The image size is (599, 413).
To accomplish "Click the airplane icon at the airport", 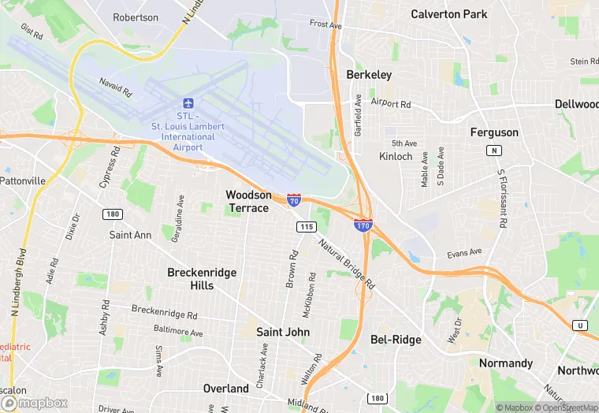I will tap(188, 103).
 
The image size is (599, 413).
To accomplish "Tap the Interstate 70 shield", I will tap(293, 200).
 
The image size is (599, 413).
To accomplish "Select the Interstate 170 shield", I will tap(363, 225).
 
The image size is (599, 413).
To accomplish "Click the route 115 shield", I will tap(307, 227).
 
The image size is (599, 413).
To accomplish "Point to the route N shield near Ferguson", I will tap(494, 151).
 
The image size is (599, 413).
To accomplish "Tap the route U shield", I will tap(581, 326).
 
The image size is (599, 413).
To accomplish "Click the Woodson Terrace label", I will tap(248, 201).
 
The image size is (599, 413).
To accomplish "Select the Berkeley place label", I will tap(369, 75).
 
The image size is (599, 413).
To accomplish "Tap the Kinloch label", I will tap(396, 156).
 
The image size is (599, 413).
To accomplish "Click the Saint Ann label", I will tap(130, 235).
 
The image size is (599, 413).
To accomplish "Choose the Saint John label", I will tap(283, 332).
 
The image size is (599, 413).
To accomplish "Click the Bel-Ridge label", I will tap(396, 340).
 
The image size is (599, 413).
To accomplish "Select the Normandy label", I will tap(506, 363).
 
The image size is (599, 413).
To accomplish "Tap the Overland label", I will tap(225, 389).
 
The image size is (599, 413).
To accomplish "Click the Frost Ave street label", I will tap(326, 24).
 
